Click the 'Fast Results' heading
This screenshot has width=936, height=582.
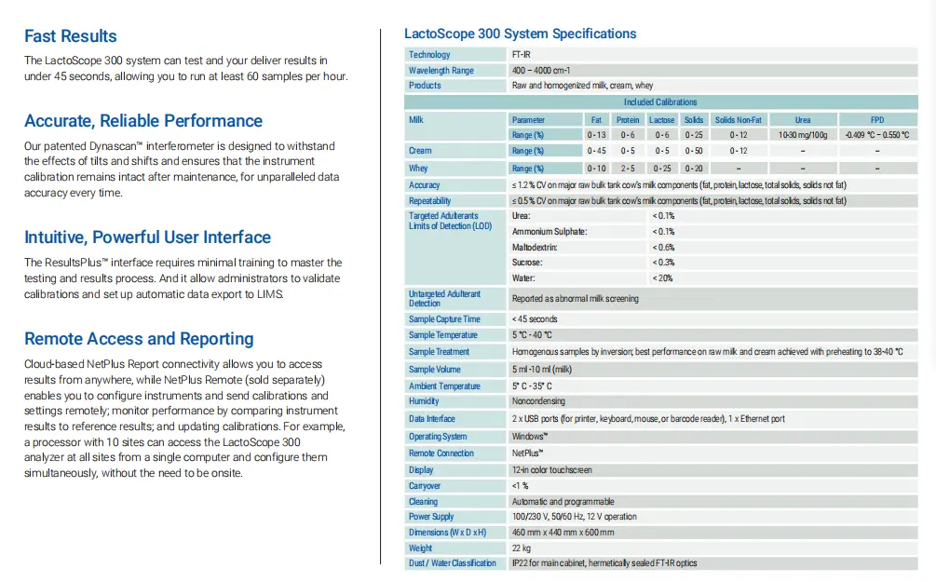pyautogui.click(x=71, y=36)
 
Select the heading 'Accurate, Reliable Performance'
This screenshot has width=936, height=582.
pyautogui.click(x=143, y=121)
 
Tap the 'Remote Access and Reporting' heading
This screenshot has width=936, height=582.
pyautogui.click(x=139, y=339)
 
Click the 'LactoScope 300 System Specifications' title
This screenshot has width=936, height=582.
pyautogui.click(x=520, y=34)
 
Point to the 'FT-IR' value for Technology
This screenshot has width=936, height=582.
pyautogui.click(x=523, y=55)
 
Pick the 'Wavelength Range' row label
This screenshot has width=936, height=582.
pyautogui.click(x=441, y=71)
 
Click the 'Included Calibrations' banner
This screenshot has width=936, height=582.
pyautogui.click(x=660, y=102)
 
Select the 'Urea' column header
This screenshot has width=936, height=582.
pyautogui.click(x=803, y=120)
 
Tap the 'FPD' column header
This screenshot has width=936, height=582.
pyautogui.click(x=877, y=120)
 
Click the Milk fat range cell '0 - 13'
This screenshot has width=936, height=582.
pyautogui.click(x=597, y=135)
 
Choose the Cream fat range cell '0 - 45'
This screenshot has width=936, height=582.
pyautogui.click(x=597, y=151)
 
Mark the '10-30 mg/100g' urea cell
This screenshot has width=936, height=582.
pyautogui.click(x=803, y=135)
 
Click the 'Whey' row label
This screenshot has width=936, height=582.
pyautogui.click(x=418, y=169)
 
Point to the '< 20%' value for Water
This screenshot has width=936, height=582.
pyautogui.click(x=663, y=278)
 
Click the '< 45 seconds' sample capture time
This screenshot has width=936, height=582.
pyautogui.click(x=535, y=319)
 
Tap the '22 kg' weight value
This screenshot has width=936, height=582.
pyautogui.click(x=522, y=548)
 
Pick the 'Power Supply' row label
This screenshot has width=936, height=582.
pyautogui.click(x=431, y=516)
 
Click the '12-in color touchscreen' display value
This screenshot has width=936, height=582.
pyautogui.click(x=552, y=470)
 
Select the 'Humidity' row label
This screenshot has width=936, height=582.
pyautogui.click(x=424, y=401)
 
